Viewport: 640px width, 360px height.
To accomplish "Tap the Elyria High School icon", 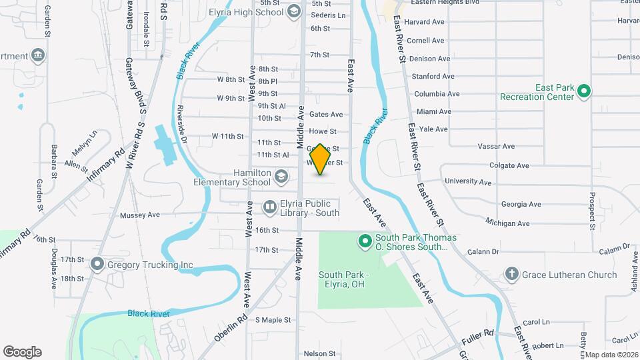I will point(294,11).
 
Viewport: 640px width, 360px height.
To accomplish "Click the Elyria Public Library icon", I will point(270,209).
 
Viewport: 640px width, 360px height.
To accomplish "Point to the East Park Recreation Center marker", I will point(584,91).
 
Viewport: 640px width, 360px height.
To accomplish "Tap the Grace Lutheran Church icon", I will point(511,274).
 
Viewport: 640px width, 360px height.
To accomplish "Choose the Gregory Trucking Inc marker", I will point(97,265).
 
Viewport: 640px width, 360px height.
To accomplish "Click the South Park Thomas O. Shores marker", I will point(365,241).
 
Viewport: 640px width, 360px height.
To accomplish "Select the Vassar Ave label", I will point(499,146).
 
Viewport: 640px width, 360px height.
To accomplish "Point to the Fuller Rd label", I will point(480,333).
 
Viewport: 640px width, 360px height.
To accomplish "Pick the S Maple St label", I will point(273,320).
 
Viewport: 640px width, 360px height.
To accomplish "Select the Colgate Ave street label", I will point(509,165).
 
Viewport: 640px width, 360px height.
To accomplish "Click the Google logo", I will point(22,351).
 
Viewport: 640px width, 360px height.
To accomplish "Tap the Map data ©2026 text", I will point(612,355).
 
